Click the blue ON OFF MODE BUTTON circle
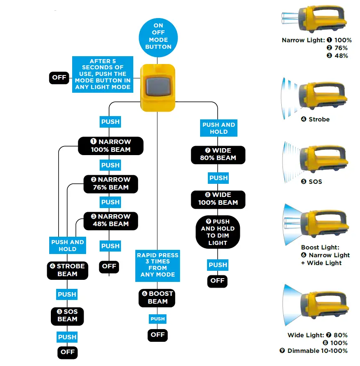point(158,37)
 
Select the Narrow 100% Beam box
point(111,146)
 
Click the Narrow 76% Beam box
point(111,183)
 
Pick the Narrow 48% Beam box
point(111,220)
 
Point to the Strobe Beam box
point(68,270)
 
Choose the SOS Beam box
point(67,315)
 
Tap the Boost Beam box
point(158,297)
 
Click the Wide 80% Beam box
point(218,154)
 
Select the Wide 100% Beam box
point(218,199)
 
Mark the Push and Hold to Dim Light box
point(218,232)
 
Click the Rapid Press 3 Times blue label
point(158,265)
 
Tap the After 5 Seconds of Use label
point(103,74)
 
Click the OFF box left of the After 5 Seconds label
point(59,78)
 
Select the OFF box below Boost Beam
point(157,335)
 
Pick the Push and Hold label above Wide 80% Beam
point(219,128)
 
